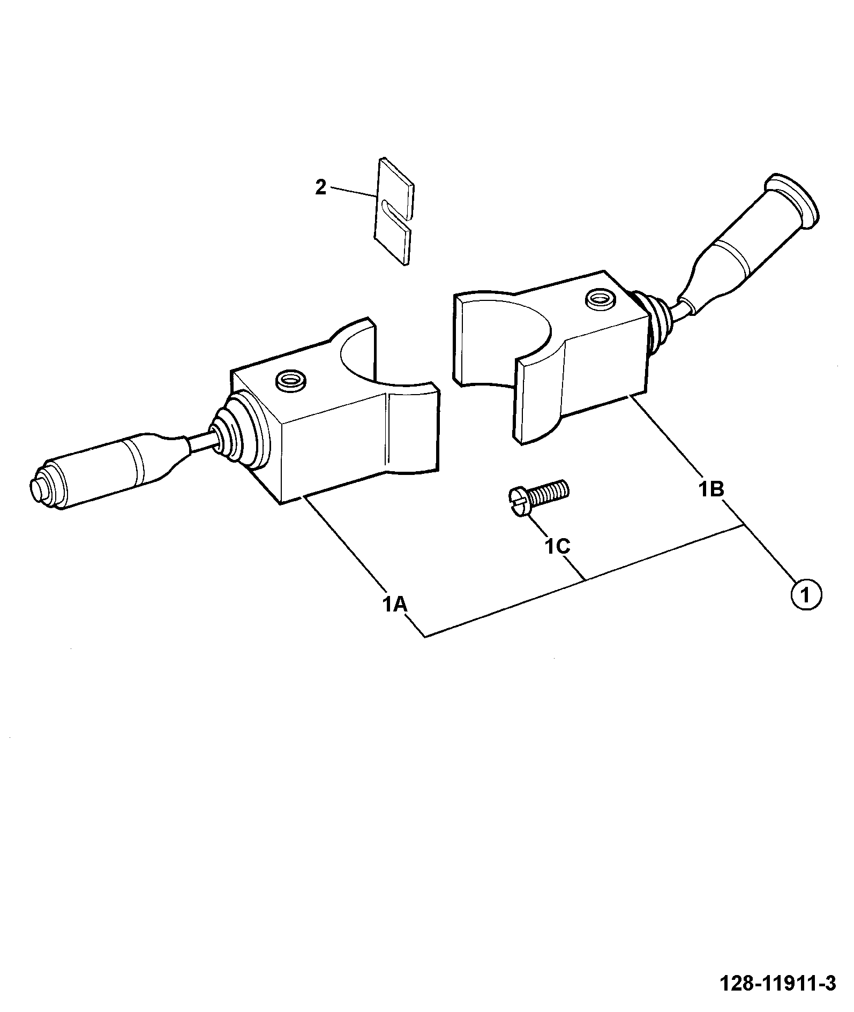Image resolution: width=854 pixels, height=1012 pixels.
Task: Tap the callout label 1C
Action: pyautogui.click(x=557, y=546)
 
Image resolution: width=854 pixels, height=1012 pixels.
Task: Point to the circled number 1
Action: pyautogui.click(x=805, y=594)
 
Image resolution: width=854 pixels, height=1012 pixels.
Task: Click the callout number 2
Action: pyautogui.click(x=320, y=187)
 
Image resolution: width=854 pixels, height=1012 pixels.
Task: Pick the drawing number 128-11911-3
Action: pyautogui.click(x=777, y=983)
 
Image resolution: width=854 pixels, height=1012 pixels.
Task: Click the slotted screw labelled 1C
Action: pyautogui.click(x=537, y=497)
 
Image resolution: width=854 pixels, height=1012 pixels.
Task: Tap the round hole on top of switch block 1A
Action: pyautogui.click(x=290, y=381)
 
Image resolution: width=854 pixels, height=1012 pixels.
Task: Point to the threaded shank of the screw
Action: pyautogui.click(x=549, y=492)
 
